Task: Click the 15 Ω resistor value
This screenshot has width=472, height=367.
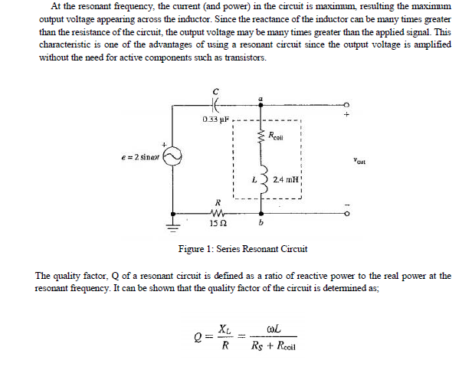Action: click(218, 224)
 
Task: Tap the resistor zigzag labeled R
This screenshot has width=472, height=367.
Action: click(218, 214)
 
